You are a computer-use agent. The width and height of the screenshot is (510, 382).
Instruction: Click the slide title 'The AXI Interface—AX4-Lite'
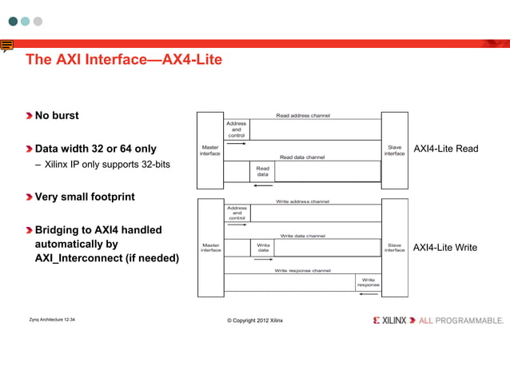(x=123, y=60)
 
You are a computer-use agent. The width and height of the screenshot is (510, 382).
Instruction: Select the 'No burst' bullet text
(x=56, y=115)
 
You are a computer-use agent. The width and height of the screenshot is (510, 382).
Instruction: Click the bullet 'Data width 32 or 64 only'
(x=95, y=149)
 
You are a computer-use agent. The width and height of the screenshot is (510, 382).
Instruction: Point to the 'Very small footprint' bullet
(x=84, y=197)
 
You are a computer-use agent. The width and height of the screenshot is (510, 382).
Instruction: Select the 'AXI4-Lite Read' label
(x=445, y=149)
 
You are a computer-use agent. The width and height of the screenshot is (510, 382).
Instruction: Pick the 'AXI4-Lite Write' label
(x=444, y=248)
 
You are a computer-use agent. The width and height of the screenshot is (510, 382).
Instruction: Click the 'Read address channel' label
(x=302, y=116)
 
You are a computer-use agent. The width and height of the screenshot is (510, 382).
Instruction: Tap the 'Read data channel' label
(x=302, y=157)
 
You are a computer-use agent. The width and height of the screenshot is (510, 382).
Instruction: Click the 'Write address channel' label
(x=302, y=201)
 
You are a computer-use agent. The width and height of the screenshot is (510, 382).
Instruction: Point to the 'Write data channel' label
(x=302, y=236)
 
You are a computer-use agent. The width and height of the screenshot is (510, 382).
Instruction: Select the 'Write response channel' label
(x=302, y=271)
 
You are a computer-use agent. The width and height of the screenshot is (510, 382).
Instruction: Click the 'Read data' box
(x=262, y=171)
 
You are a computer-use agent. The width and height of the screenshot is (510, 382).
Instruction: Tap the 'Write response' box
(x=368, y=282)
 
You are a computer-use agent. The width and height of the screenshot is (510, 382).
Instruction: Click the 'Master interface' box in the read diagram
(x=210, y=149)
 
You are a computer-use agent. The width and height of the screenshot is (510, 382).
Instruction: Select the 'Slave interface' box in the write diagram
(x=394, y=248)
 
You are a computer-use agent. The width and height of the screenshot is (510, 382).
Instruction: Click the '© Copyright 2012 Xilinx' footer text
(x=255, y=320)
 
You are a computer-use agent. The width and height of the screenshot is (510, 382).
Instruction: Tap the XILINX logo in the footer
(x=389, y=320)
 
